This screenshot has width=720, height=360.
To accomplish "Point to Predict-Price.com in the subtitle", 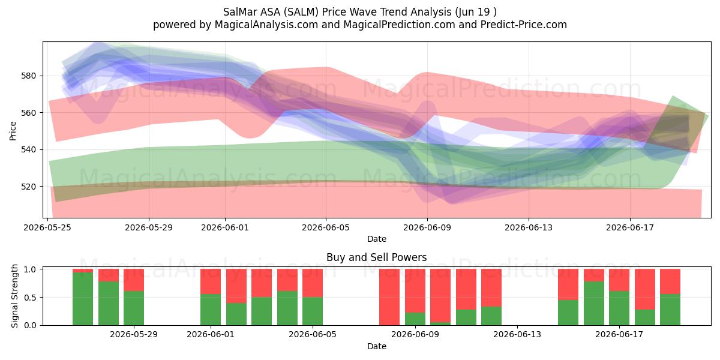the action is coord(524,25).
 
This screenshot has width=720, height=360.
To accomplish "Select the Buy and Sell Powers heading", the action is coord(376,257).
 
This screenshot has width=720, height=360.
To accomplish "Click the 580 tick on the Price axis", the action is coord(28,76).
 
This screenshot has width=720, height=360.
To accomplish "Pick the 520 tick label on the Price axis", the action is coord(28,187).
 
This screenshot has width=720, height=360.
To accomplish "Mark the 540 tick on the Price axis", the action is coord(28,149).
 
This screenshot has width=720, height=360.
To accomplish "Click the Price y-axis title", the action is coord(13,131).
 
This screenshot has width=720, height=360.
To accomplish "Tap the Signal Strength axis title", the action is coord(14,296).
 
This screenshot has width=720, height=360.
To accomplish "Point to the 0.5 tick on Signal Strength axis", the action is coord(31,298).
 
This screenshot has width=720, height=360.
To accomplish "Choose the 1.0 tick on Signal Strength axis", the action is coord(31,269).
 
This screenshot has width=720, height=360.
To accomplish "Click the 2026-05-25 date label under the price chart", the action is coord(47,227).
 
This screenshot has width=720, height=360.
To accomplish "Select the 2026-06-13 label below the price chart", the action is coord(529,227).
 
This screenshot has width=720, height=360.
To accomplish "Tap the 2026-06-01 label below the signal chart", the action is coord(211,335).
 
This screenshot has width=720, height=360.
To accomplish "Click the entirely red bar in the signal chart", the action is coord(389,297).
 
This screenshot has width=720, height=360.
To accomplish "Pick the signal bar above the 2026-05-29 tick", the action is coord(134,297).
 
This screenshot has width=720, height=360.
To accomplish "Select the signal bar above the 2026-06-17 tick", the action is coord(619,297).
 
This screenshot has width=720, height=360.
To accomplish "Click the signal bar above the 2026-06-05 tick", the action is coord(313,297).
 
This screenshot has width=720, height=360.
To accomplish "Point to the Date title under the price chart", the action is coord(377,239).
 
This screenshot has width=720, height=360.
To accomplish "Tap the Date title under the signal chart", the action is coord(377,346).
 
